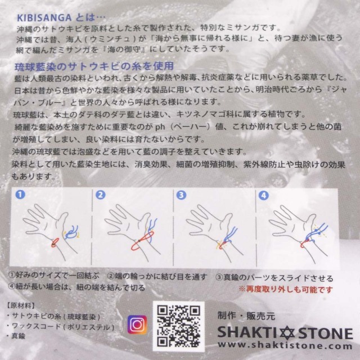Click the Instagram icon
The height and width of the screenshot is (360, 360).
point(137,325)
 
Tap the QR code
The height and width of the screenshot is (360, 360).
point(179,326)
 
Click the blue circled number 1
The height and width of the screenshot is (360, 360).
point(20,195)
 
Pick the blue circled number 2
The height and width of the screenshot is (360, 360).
point(101,195)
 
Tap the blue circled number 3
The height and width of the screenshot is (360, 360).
point(181,195)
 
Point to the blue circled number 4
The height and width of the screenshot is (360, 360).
point(264,196)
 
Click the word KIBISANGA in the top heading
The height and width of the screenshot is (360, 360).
point(44,18)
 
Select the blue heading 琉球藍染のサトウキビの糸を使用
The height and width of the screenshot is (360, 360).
point(94,66)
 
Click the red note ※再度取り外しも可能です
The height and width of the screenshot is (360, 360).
point(286,289)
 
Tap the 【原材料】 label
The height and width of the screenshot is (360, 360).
point(21,306)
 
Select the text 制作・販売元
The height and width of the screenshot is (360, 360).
point(246,316)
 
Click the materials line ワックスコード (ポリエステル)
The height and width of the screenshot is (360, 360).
point(60,326)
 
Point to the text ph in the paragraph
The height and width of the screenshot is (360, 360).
point(160,127)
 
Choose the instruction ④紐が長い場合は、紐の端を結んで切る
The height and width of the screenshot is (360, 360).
point(76,287)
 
